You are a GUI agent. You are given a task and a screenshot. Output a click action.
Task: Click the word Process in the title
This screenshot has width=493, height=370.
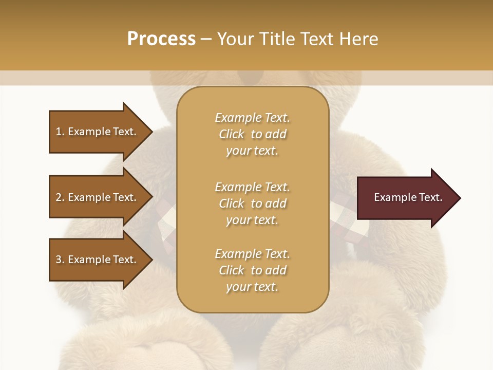161,39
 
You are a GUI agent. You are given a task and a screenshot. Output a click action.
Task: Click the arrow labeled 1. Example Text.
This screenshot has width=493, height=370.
98,132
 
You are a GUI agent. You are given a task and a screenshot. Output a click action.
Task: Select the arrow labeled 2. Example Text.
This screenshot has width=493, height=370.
98,197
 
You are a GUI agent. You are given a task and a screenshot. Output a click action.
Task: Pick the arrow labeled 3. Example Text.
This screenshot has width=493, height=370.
98,260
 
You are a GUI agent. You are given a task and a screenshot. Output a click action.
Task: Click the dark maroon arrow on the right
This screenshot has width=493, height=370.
406,198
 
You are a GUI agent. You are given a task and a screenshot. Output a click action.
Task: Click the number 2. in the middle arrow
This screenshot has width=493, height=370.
60,197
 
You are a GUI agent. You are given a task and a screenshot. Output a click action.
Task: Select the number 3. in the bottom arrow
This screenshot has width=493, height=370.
60,260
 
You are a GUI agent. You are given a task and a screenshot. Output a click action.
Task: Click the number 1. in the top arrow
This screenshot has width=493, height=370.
60,132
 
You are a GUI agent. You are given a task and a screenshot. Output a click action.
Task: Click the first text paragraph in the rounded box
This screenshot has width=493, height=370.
252,134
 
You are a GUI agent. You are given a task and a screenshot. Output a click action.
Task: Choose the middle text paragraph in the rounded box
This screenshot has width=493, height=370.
252,203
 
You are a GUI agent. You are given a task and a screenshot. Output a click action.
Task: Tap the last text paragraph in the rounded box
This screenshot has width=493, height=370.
252,270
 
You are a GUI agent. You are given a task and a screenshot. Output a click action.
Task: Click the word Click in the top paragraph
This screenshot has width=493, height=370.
232,135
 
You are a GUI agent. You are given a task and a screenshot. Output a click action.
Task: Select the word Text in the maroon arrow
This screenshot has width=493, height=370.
431,197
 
